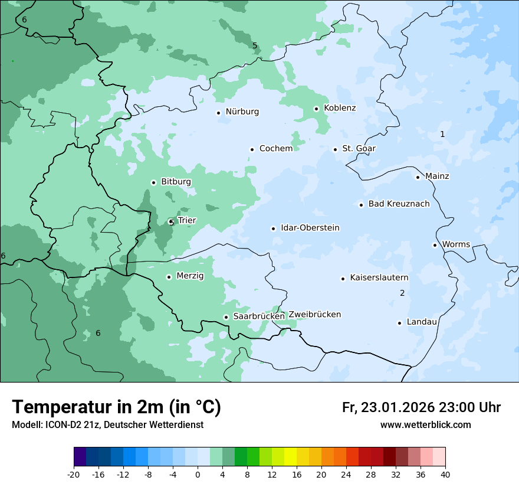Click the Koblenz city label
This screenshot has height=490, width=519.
[x=340, y=108]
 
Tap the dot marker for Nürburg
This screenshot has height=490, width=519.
[x=218, y=113]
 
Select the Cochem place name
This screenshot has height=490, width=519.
[x=275, y=149]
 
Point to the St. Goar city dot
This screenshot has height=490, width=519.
[x=335, y=149]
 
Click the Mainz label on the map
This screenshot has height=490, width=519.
[x=437, y=177]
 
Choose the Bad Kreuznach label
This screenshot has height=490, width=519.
[x=399, y=204]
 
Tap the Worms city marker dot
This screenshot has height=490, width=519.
[x=435, y=245]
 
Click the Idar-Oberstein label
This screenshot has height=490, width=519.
[x=310, y=228]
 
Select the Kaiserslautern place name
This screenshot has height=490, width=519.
[x=379, y=277]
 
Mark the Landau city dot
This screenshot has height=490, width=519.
[x=399, y=323]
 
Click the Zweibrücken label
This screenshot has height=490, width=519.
[x=314, y=315]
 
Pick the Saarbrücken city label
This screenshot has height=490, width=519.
[x=259, y=316]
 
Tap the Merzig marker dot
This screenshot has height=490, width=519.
[x=169, y=277]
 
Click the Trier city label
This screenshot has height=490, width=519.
[x=186, y=221]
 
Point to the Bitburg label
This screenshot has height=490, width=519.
[x=176, y=182]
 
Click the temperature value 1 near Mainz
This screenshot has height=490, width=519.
[x=442, y=135]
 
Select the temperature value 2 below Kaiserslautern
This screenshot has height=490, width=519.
[x=402, y=293]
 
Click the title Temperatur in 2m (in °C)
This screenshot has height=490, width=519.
[x=116, y=407]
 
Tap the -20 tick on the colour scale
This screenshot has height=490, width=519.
[x=74, y=475]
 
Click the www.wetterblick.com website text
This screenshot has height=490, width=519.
[x=425, y=425]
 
